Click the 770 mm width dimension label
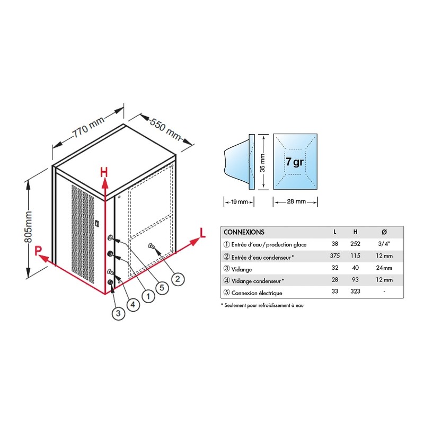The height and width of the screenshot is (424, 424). [x=89, y=127]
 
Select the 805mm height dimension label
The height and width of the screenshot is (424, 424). [x=28, y=227]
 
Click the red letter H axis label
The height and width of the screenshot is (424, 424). [x=104, y=172]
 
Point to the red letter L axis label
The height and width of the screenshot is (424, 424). [x=202, y=233]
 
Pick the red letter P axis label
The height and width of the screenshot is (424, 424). [x=38, y=251]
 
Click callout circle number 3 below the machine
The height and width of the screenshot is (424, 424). [x=118, y=313]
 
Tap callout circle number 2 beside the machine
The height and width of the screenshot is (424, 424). [x=178, y=279]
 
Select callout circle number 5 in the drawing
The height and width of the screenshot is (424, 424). [x=162, y=287]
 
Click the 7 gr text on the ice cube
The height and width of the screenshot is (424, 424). [x=295, y=162]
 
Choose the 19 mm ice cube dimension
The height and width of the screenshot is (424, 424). [x=240, y=202]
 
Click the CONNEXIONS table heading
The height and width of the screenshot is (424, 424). [x=244, y=232]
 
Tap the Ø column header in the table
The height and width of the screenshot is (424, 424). [x=384, y=232]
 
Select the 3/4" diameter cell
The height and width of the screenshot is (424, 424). [x=384, y=244]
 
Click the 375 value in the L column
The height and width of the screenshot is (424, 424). [x=335, y=255]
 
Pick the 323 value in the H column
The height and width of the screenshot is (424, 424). [x=355, y=291]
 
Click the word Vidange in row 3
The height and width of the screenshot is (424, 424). [x=242, y=270]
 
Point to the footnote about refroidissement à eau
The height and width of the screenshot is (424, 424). [x=262, y=305]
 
